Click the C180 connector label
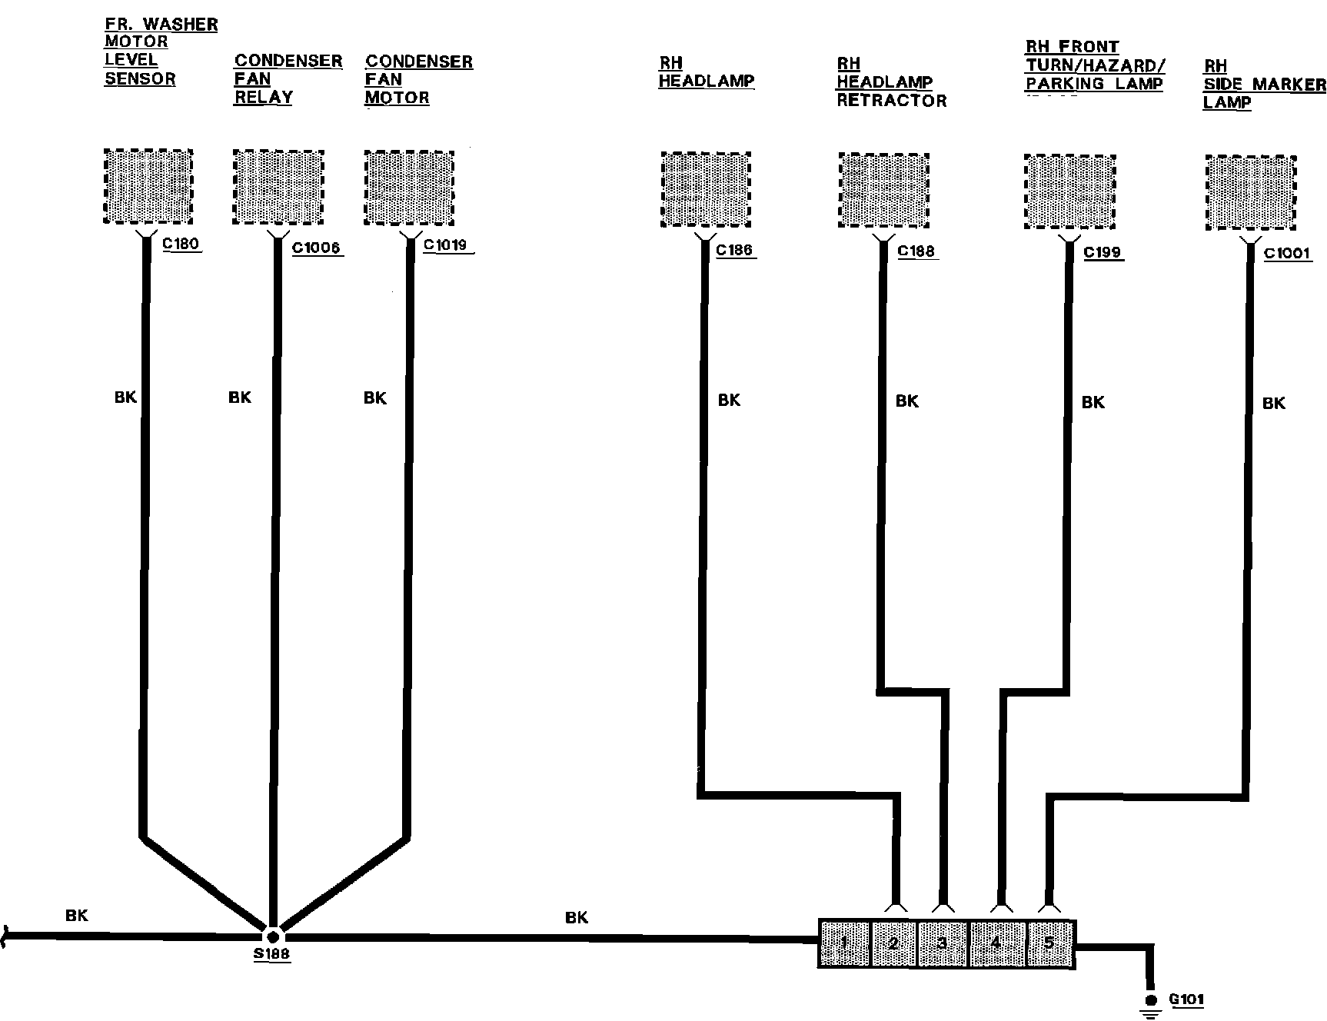(181, 244)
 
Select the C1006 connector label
(317, 248)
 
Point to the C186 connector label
(734, 250)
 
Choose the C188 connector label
(916, 251)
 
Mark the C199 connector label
(1103, 252)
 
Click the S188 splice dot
(272, 937)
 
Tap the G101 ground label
(1187, 999)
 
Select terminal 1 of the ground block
(844, 943)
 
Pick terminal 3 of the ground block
(943, 943)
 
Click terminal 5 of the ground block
(1049, 943)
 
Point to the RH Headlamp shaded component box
(706, 190)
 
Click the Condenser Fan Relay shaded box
(278, 188)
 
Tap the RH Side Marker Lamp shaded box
(1251, 193)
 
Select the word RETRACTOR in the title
(892, 101)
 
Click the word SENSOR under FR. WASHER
(140, 79)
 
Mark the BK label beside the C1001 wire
(1274, 403)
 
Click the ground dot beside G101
(1151, 1000)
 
